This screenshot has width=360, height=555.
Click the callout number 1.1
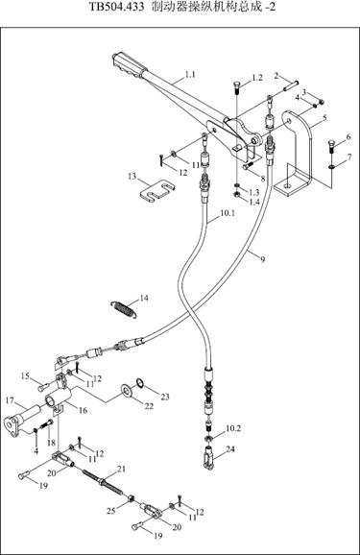click(190, 75)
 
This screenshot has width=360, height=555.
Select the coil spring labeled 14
click(124, 309)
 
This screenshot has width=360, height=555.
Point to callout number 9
click(262, 260)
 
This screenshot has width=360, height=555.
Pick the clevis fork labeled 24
click(210, 457)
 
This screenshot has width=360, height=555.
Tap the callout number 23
click(165, 398)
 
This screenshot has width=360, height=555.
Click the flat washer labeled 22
click(127, 389)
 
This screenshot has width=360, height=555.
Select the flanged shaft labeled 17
click(20, 421)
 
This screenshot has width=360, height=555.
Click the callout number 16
click(83, 410)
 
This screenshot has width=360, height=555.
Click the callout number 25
click(111, 511)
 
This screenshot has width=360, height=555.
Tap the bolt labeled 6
click(332, 146)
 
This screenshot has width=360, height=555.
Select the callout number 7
click(349, 157)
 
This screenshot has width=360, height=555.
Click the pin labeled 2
click(291, 86)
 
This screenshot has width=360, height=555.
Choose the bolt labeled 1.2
click(237, 86)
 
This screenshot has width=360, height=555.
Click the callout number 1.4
click(254, 202)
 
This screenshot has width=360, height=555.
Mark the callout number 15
click(25, 375)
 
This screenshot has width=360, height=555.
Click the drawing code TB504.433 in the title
click(117, 7)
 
